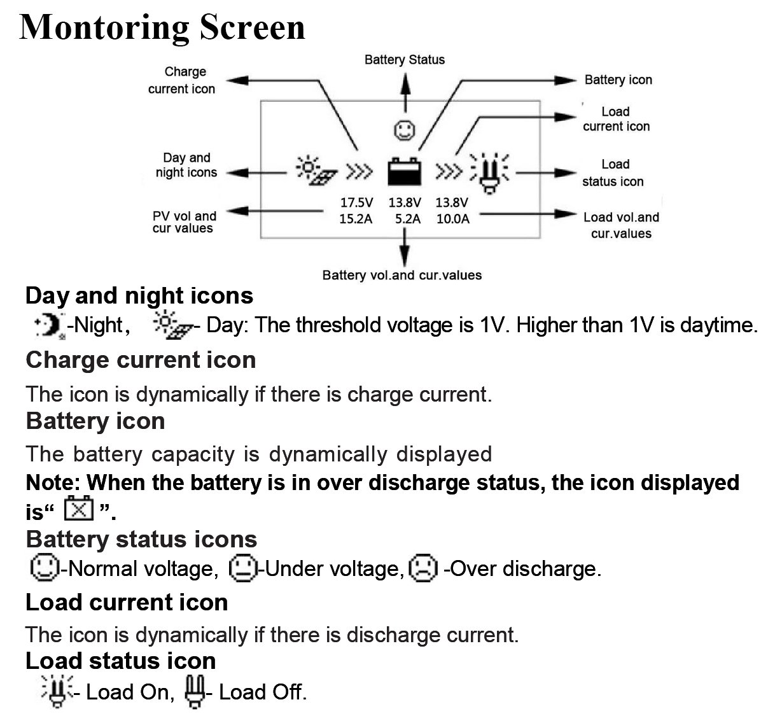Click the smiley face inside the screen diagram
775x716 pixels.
[404, 130]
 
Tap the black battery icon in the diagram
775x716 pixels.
[404, 171]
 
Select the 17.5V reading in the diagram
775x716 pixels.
[356, 203]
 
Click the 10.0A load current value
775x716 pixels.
[452, 219]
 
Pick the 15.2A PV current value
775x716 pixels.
[356, 219]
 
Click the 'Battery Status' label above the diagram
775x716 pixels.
[404, 60]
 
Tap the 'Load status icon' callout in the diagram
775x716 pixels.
[613, 173]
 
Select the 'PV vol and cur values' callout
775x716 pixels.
[184, 222]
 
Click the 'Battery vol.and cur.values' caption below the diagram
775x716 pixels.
[401, 276]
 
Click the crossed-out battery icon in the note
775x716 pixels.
[79, 509]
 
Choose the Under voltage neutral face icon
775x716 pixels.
[242, 568]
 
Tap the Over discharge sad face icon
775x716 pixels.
[423, 568]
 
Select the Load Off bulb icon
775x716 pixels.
[195, 691]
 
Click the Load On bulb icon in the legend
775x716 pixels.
[57, 691]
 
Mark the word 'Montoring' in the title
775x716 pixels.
[103, 28]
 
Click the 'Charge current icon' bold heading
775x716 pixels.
[141, 360]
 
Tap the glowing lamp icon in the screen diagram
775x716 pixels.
[489, 172]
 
